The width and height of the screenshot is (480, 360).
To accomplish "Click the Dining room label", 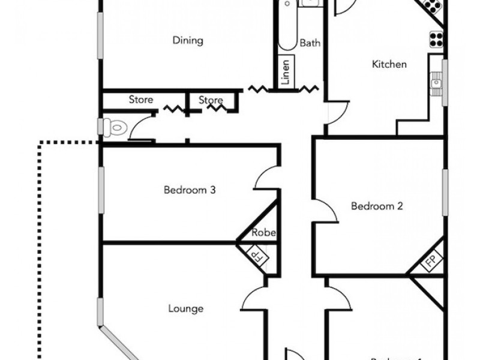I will click(x=188, y=41).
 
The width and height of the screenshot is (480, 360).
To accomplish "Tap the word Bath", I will click(x=310, y=43).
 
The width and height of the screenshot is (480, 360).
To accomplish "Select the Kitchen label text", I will click(x=389, y=64).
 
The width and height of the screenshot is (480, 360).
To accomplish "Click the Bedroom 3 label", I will click(x=190, y=190).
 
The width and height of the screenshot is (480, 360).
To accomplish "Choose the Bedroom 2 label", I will click(x=376, y=206).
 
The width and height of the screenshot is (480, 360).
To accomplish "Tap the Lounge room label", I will click(x=185, y=309).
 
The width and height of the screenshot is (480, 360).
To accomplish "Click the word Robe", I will click(x=263, y=233).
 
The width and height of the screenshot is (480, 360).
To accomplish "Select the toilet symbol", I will click(x=113, y=127).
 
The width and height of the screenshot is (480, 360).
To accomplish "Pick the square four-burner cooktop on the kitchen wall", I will click(x=435, y=38).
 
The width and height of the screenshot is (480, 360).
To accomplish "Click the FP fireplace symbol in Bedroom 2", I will click(x=431, y=262).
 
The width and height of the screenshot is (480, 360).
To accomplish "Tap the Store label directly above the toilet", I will click(x=141, y=100).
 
